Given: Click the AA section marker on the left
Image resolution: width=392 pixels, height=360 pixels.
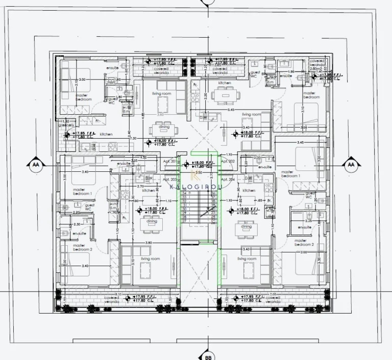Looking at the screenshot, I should (x=35, y=165).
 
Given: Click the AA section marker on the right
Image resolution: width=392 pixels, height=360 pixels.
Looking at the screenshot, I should (x=351, y=165).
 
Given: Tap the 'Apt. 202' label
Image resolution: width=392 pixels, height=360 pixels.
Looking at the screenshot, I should (x=228, y=161).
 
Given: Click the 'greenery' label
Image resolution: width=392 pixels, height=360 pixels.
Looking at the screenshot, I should (x=66, y=125).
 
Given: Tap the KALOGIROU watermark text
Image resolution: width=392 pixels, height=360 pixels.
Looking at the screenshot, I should (x=195, y=187).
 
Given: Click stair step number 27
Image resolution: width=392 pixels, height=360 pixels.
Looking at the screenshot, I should (x=185, y=217).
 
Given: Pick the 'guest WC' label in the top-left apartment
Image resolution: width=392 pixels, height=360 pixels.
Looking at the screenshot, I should (x=111, y=100).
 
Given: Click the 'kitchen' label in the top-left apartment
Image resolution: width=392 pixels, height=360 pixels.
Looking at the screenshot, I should (x=106, y=134).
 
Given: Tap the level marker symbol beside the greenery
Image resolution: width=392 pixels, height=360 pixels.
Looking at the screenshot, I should (x=67, y=135).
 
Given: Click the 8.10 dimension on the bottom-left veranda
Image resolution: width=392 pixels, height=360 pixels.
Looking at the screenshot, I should (x=118, y=294).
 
